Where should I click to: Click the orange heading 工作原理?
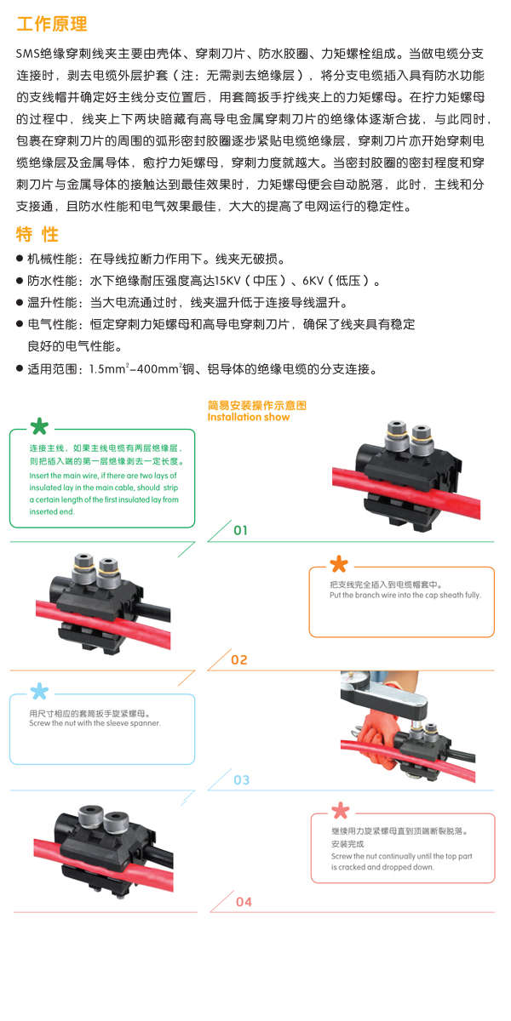[x=52, y=24]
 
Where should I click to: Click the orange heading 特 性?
[x=37, y=234]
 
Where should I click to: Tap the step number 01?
[x=240, y=531]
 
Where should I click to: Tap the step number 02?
[x=239, y=660]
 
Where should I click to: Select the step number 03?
[x=241, y=780]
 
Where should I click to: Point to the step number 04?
[x=244, y=902]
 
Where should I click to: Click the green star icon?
[x=39, y=426]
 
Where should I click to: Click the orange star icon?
[x=339, y=564]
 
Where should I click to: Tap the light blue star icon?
[x=39, y=691]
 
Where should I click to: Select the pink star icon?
[x=341, y=810]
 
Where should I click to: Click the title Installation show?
[x=249, y=417]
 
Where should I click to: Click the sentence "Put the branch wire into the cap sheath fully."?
[x=405, y=596]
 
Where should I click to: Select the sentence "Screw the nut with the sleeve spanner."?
[x=95, y=723]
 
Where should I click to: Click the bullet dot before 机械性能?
[x=20, y=259]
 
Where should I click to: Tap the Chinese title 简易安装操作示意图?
[x=257, y=405]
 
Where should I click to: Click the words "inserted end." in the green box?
[x=52, y=512]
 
